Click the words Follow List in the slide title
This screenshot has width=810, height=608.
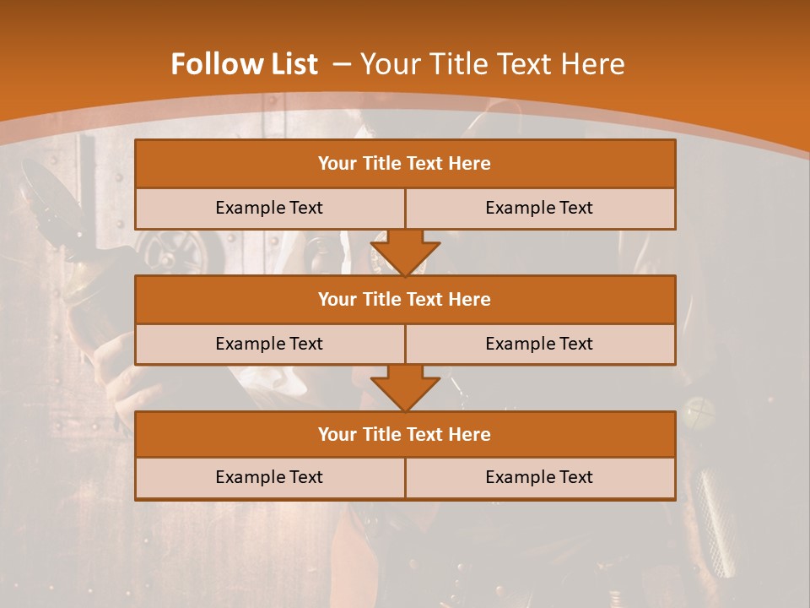pos(244,64)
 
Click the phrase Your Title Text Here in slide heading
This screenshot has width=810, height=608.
pos(492,64)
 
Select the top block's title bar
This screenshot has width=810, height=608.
pos(405,164)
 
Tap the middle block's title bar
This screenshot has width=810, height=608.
pos(405,299)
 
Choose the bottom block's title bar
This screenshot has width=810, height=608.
pos(405,434)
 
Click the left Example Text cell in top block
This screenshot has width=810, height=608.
pos(269,208)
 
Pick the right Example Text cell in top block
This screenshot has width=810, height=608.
pos(540,208)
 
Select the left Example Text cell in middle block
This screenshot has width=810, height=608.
pos(269,344)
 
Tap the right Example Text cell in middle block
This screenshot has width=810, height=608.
pos(540,344)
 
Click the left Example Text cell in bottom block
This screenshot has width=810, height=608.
pos(269,477)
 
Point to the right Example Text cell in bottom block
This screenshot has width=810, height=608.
pos(540,477)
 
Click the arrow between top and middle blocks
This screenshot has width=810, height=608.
pos(405,252)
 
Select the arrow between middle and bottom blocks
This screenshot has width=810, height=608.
pos(405,388)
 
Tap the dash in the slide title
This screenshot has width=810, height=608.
pos(341,64)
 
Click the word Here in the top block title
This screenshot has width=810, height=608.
pos(470,164)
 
